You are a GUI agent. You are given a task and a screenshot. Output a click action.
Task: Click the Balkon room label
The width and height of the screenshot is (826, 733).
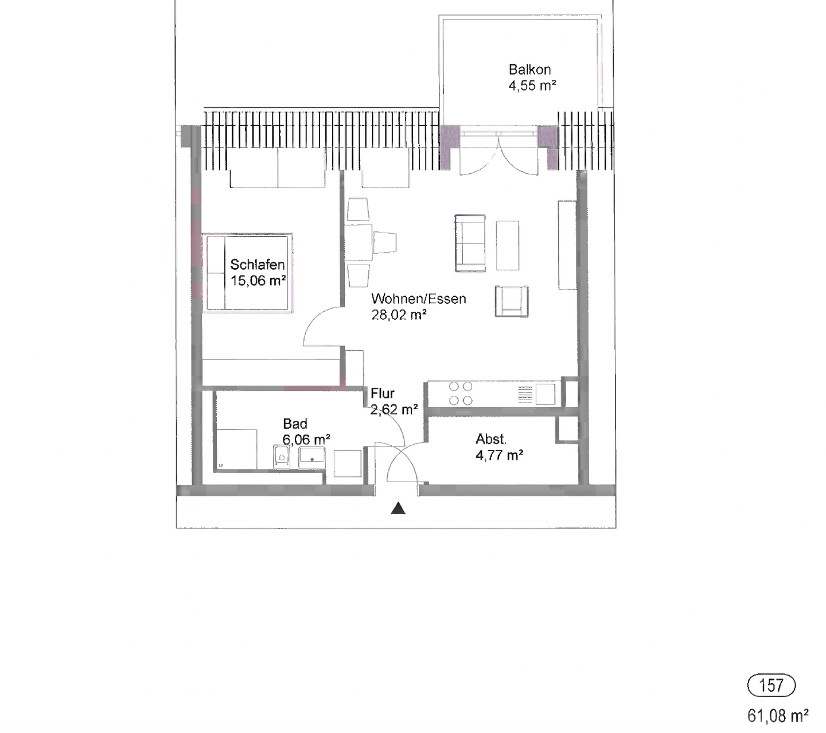tap(529, 69)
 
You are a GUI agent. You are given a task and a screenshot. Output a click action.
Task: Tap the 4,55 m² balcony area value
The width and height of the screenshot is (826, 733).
tap(532, 86)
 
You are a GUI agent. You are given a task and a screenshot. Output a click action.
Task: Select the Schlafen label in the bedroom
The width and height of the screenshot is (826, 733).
tap(257, 265)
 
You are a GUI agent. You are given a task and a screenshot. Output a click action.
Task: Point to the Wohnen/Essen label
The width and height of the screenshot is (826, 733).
tap(418, 298)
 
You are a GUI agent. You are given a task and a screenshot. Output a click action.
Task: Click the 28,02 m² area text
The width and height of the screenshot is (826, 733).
tap(399, 315)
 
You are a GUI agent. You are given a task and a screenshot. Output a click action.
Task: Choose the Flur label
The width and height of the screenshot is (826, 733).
tap(382, 393)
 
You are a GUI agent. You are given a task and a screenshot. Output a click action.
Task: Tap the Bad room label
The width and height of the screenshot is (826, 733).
tap(295, 424)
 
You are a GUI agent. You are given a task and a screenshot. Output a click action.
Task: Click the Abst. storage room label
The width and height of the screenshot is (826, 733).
tap(491, 439)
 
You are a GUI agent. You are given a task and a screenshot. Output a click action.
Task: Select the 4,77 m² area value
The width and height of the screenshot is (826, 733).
tap(499, 455)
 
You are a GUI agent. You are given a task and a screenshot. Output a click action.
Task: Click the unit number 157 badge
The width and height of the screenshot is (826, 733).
tap(772, 685)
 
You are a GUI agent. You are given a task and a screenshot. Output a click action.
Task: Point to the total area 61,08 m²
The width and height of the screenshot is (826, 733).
tap(777, 716)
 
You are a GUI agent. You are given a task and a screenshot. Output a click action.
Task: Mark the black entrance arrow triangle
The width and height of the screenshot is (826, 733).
tap(398, 509)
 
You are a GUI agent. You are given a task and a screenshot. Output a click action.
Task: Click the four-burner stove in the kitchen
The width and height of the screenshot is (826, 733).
tap(461, 394)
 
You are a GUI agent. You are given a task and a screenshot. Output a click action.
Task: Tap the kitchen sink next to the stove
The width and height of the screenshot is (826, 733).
tap(545, 394)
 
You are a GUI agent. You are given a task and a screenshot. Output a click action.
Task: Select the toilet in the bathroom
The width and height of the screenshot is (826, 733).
tap(282, 458)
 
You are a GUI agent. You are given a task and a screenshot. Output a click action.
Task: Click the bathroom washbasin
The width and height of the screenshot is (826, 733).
tap(311, 457)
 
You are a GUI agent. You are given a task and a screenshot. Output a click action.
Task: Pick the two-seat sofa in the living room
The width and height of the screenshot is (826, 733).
tap(470, 243)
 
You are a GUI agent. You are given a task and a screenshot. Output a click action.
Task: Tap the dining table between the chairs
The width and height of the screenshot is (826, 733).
tap(359, 242)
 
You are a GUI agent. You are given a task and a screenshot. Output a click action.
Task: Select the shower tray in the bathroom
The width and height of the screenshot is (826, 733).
tap(236, 449)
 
